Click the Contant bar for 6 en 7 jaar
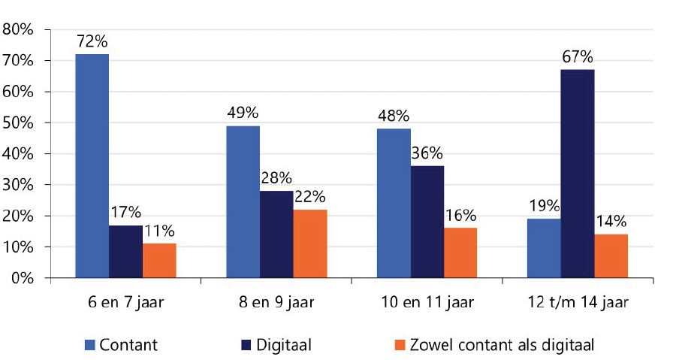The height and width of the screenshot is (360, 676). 92,165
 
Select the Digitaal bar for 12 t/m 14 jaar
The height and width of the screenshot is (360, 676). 578,174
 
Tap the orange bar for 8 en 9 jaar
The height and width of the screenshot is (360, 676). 310,244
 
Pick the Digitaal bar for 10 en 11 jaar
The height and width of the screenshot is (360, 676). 427,222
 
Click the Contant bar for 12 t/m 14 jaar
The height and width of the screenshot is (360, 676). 544,248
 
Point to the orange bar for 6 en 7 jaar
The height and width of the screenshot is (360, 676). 159,260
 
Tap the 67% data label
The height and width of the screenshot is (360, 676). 578,57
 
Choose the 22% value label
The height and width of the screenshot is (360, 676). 310,198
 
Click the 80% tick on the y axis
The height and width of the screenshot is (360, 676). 19,29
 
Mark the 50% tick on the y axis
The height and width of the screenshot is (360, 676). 19,123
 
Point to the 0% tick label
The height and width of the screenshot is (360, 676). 22,278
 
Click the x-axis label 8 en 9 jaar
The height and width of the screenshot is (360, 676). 276,304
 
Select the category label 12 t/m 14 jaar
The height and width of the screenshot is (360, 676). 577,304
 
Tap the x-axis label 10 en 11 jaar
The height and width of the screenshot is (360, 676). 427,304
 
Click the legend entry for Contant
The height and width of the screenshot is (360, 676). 120,345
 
